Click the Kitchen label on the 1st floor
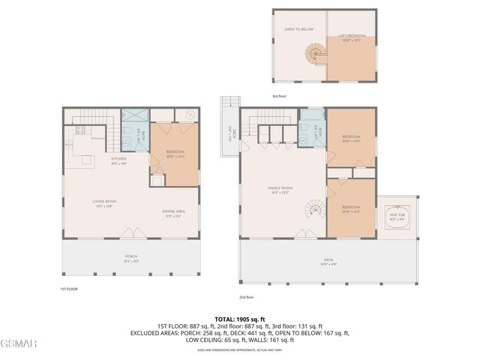pos(118,159)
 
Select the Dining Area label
pos(173,211)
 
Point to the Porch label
pos(131,257)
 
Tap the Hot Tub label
pos(396,216)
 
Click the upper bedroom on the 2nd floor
pos(351,139)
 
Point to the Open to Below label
pos(298,30)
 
